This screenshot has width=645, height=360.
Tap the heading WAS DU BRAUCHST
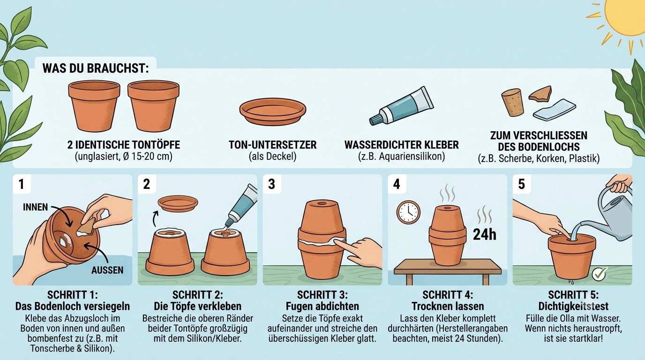(96, 68)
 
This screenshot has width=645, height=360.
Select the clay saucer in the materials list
(273, 111)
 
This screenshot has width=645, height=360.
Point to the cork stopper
(512, 103)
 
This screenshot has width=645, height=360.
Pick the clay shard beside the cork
(540, 95)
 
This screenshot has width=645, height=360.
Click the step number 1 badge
(21, 184)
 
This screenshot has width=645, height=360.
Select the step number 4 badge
(397, 184)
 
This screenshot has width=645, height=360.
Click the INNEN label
(36, 207)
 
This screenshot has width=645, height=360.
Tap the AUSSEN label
(107, 270)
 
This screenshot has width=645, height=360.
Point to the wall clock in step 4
(408, 212)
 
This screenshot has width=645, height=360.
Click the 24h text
(485, 235)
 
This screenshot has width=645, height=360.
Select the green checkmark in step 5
(600, 274)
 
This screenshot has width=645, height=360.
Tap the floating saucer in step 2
(178, 203)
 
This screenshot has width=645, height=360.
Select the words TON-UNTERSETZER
(273, 145)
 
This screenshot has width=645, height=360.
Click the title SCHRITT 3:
(322, 295)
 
